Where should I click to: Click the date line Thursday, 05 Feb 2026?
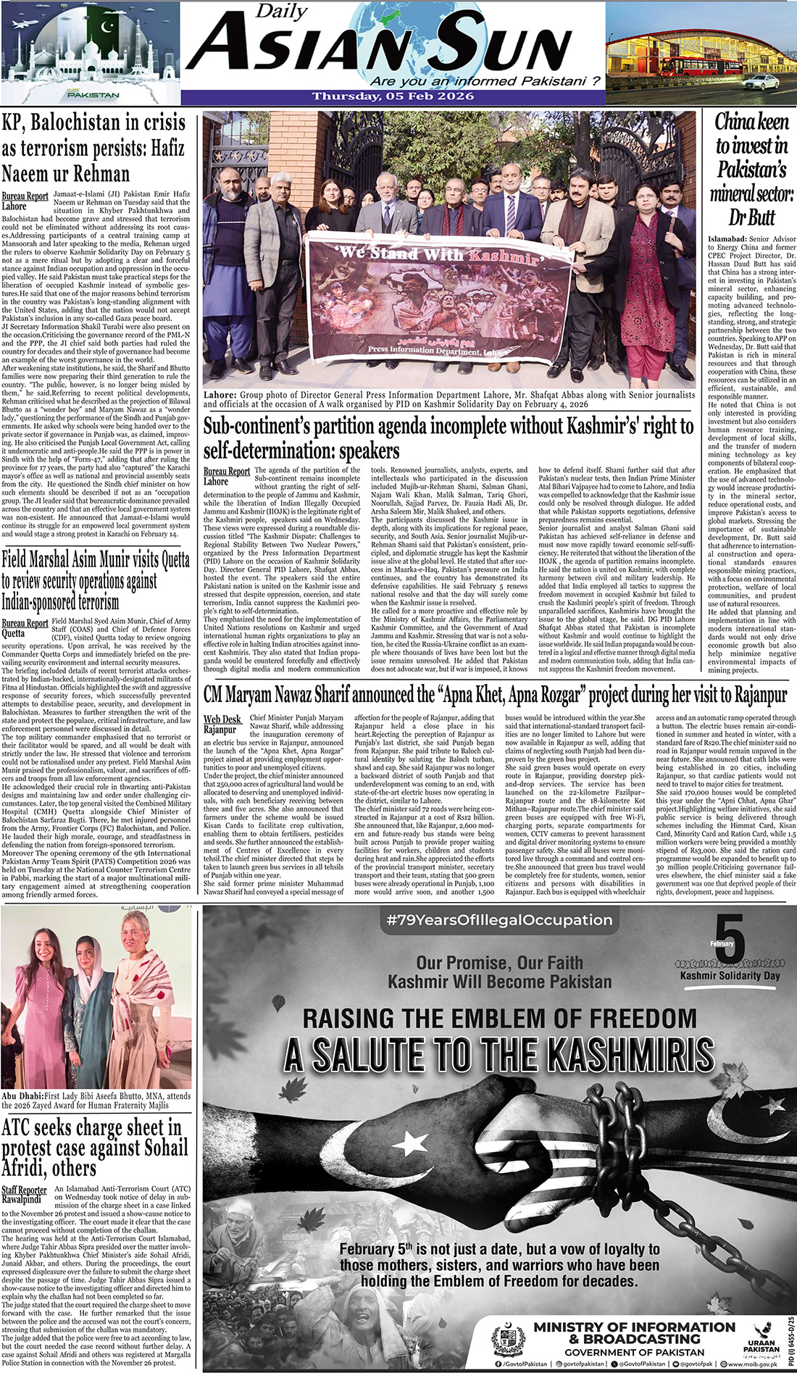click(393, 96)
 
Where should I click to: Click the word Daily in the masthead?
click(282, 12)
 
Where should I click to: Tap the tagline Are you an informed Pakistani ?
click(485, 81)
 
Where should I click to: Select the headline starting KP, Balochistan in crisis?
click(94, 148)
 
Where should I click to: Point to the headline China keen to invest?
click(751, 169)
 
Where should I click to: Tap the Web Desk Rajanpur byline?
click(222, 725)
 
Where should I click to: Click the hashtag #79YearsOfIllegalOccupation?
click(499, 920)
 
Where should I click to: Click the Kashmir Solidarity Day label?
click(730, 975)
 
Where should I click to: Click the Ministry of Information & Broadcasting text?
click(634, 1332)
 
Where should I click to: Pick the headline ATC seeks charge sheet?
click(94, 1148)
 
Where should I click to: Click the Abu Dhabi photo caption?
click(96, 1101)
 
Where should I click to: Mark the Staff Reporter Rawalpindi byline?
click(24, 1195)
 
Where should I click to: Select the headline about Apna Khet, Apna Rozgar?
click(495, 696)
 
